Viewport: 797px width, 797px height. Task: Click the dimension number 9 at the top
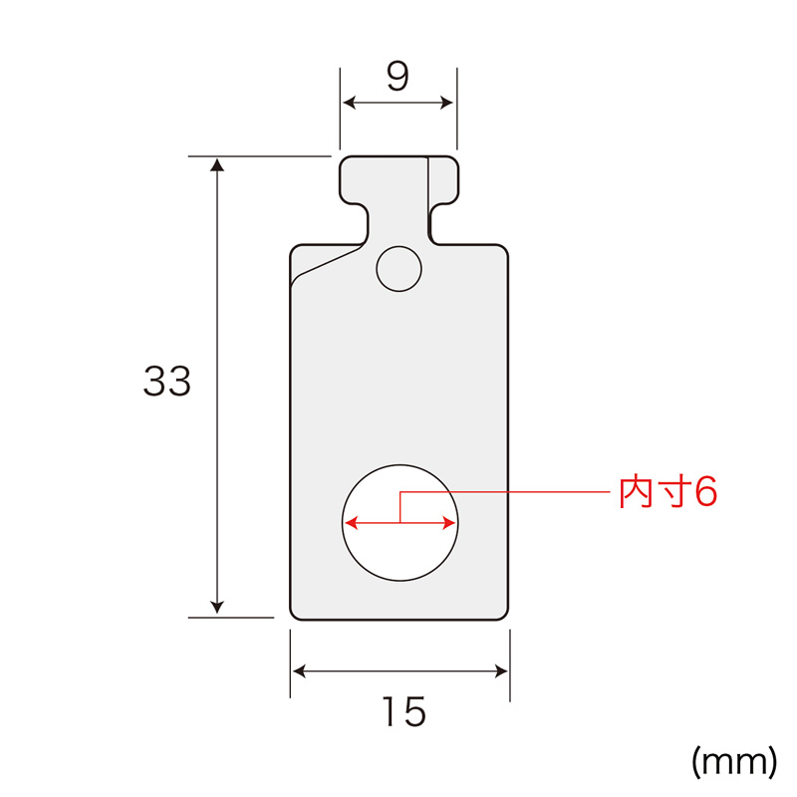(398, 77)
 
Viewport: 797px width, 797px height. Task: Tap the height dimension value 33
(167, 381)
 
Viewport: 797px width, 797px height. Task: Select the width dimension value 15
(404, 711)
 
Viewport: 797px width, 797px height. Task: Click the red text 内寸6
(667, 492)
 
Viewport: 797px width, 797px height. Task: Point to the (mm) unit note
(734, 761)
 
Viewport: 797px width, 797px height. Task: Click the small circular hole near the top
(399, 269)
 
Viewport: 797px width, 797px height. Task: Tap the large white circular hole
(400, 522)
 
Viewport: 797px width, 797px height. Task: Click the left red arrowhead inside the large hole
(352, 522)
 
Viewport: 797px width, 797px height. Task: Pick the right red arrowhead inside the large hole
(449, 522)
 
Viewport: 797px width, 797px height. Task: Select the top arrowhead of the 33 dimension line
(217, 164)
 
